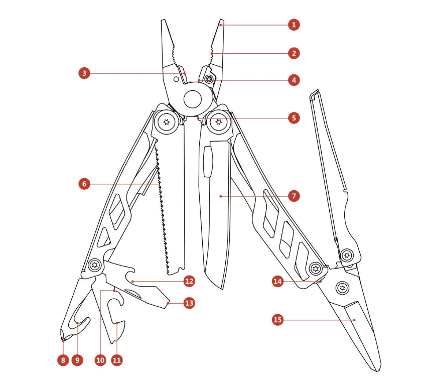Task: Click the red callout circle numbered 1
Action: tap(294, 24)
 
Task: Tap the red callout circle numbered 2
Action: tap(294, 52)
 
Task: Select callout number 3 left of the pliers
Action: tap(85, 73)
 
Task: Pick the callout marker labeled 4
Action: tap(294, 79)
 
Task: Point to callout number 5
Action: tap(294, 118)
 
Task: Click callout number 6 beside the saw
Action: tap(85, 184)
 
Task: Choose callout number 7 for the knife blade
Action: tap(294, 196)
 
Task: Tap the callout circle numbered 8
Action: tap(62, 360)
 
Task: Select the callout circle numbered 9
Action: tap(77, 360)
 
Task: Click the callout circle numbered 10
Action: tap(100, 360)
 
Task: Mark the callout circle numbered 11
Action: tap(117, 360)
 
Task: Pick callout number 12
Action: tap(189, 281)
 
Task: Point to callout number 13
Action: tap(189, 303)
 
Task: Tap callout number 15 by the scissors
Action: tap(278, 319)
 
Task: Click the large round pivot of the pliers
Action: tap(192, 99)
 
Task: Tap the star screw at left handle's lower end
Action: tap(93, 265)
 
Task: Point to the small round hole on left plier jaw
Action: tap(176, 79)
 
